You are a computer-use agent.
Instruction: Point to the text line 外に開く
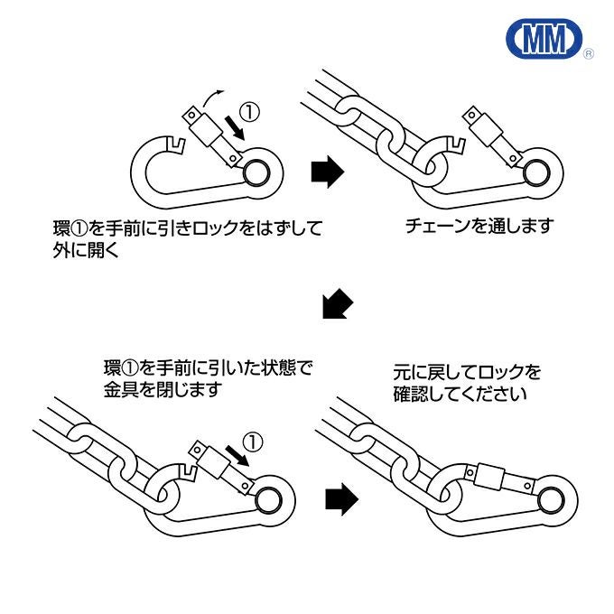point(86,251)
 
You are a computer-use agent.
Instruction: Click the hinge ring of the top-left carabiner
point(256,171)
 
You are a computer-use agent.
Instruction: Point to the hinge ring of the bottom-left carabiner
point(268,498)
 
